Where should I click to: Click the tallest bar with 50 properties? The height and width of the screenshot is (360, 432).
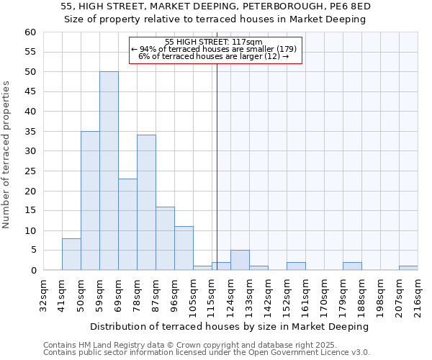(109, 171)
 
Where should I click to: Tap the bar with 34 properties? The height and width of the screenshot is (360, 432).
(146, 202)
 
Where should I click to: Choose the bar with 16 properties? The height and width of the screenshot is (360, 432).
(165, 238)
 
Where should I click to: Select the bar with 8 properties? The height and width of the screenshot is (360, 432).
(71, 254)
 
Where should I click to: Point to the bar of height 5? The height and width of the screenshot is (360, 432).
(240, 260)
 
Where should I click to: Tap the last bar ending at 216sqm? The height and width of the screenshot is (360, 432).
(408, 268)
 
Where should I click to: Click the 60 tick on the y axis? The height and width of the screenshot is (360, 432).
(30, 32)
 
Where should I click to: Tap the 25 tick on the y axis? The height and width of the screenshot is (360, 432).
(30, 171)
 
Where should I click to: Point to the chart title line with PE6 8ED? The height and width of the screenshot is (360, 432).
(215, 6)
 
